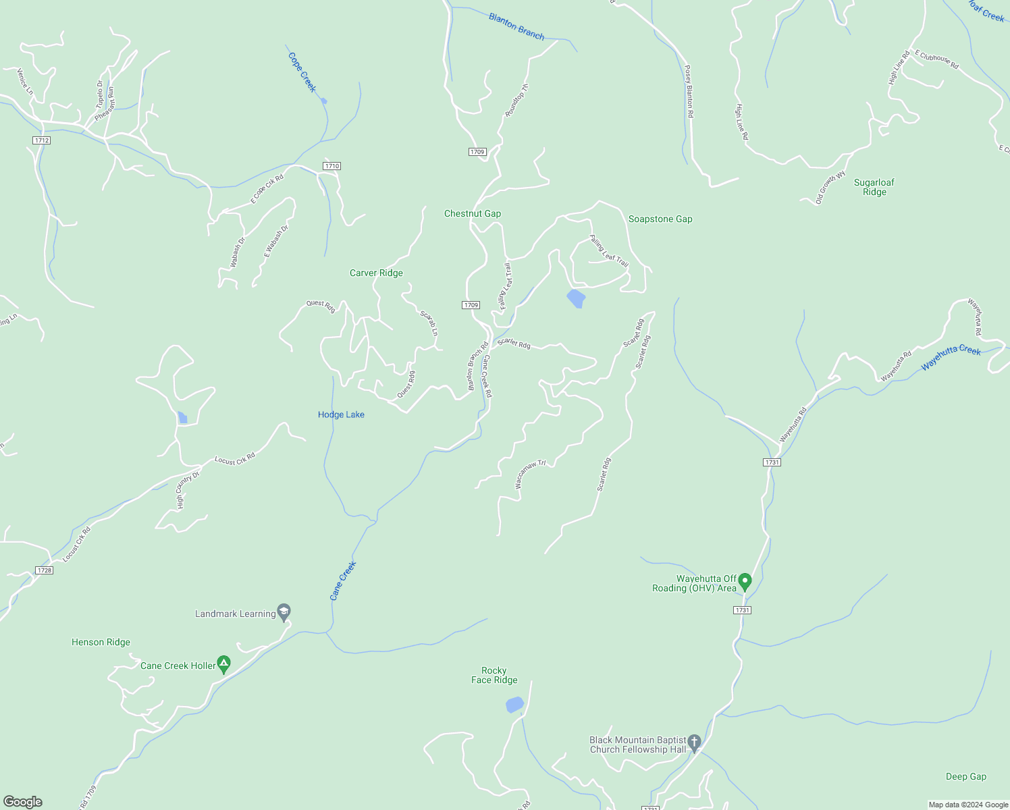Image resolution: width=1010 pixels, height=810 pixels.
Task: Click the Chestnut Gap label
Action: point(472,213)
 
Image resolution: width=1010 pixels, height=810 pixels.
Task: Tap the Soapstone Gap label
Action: point(660,219)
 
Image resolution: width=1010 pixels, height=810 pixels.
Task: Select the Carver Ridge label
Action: point(376,273)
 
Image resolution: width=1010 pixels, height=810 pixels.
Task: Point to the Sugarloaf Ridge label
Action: point(874,187)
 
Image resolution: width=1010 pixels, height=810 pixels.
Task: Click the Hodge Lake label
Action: point(341,414)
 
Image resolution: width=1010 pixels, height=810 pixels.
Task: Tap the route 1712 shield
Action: point(41,140)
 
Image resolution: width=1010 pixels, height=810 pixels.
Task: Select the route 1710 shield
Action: point(331,166)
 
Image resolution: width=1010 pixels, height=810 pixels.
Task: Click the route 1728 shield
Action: point(44,570)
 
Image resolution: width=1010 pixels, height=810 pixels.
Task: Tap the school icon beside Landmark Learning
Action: point(284,612)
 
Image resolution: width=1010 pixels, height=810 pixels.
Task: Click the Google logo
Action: point(23,802)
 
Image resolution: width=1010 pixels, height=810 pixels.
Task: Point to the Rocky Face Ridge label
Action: point(494,675)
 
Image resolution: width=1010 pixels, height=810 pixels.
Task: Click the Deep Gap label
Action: point(965,776)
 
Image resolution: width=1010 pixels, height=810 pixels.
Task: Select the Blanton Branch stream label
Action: point(516,26)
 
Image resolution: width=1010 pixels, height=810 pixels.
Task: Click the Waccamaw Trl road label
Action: point(530,474)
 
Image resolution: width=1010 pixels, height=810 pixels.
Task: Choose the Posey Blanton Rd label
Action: point(689,92)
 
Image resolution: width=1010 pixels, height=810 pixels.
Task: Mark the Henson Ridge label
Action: point(101,642)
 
